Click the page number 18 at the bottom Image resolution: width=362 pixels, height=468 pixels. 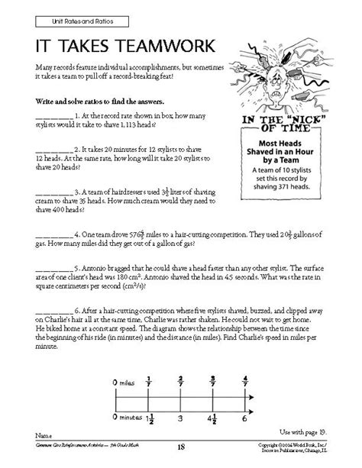point(182,460)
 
